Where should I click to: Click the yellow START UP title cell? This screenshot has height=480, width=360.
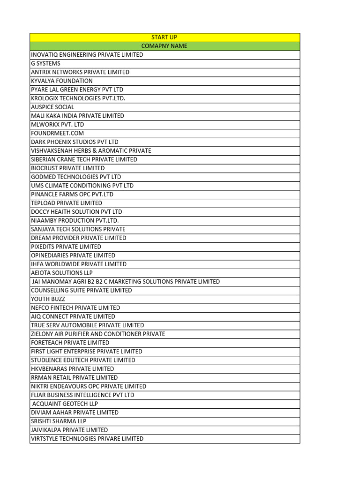click(x=164, y=37)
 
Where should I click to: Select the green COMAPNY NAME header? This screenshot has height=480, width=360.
click(x=164, y=46)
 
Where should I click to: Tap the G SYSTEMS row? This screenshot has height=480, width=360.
click(x=45, y=63)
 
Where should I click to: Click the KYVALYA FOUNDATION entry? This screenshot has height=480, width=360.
click(x=62, y=81)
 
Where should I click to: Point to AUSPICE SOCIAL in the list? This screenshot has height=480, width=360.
click(x=52, y=107)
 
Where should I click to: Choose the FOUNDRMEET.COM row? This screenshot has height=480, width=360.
click(x=57, y=133)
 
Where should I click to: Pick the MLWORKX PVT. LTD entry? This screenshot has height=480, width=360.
click(x=58, y=125)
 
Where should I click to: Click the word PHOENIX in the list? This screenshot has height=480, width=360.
click(x=62, y=142)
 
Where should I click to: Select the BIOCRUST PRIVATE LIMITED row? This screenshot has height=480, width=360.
click(x=68, y=168)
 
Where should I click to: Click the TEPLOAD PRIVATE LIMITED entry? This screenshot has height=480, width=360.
click(x=67, y=203)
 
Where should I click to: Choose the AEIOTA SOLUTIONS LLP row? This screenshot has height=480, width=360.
click(x=62, y=273)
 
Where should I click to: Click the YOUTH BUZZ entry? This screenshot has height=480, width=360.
click(x=48, y=299)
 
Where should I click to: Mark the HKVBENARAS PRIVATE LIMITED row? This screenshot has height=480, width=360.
click(x=73, y=369)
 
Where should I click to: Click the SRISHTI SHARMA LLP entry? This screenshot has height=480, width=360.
click(x=59, y=421)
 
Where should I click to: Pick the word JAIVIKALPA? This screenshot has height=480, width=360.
click(x=46, y=430)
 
